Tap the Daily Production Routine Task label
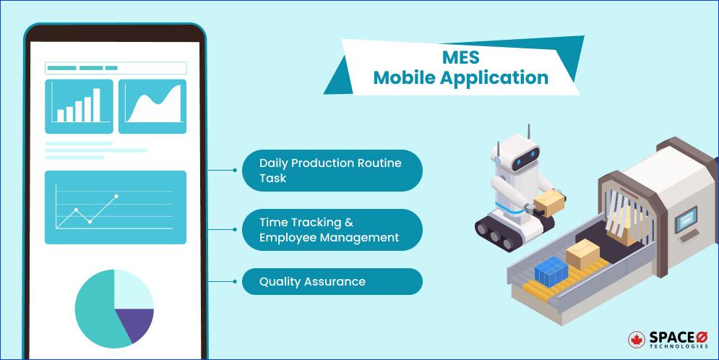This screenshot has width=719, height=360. click(x=332, y=171)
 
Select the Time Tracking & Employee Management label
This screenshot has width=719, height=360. click(x=332, y=230)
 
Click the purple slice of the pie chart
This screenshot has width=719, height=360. click(x=135, y=322)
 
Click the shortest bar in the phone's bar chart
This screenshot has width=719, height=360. click(x=61, y=116)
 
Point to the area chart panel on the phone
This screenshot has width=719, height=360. click(x=152, y=106)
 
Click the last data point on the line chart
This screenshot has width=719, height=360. click(x=116, y=197)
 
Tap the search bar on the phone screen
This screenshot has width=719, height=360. click(x=116, y=68)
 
